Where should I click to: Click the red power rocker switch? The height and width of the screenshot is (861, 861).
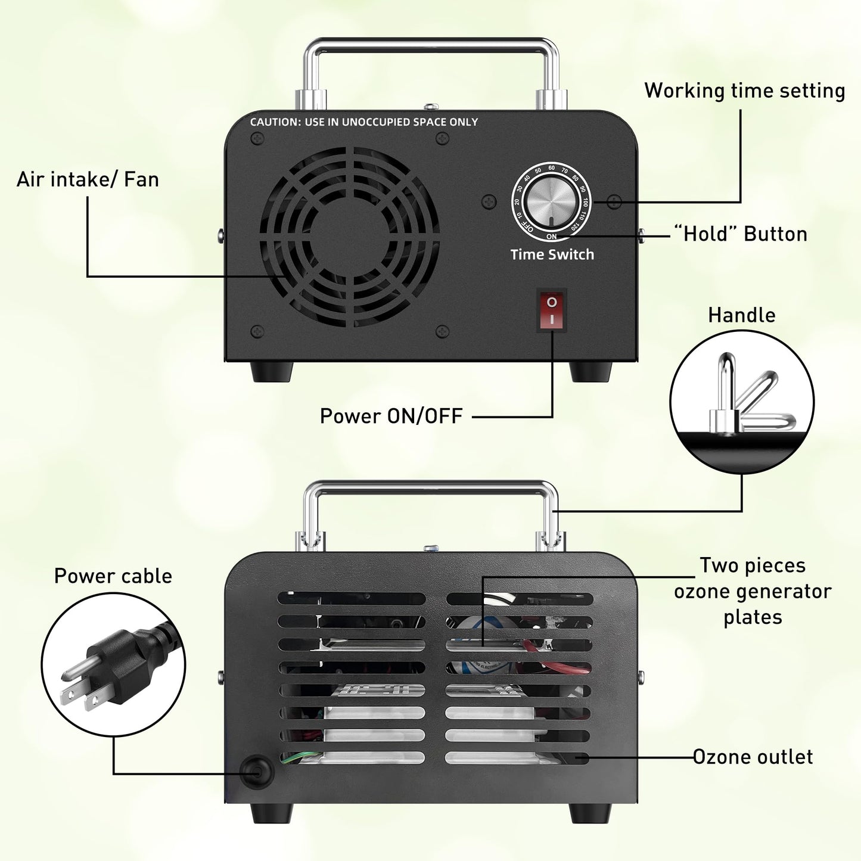[551, 310]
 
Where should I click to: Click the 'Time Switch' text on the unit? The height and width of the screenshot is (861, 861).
[552, 254]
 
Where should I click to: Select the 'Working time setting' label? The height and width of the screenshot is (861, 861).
[744, 91]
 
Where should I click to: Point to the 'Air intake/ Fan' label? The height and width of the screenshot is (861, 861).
[88, 179]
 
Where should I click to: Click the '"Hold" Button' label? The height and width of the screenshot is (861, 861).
[740, 234]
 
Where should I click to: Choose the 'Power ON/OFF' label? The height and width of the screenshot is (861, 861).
[391, 416]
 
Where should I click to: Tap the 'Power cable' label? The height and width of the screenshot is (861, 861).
[113, 576]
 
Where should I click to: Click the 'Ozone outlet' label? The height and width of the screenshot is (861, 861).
[753, 757]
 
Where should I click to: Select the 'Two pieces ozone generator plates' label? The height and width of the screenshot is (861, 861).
[753, 591]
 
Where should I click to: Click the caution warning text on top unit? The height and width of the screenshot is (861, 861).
[364, 122]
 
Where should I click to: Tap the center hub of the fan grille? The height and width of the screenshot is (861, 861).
[349, 237]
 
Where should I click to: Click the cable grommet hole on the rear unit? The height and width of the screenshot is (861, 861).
[257, 772]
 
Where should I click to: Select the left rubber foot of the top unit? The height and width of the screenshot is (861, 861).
[272, 371]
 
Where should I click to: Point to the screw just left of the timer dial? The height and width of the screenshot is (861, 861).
[489, 202]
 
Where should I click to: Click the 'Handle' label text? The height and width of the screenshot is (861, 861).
[741, 315]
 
